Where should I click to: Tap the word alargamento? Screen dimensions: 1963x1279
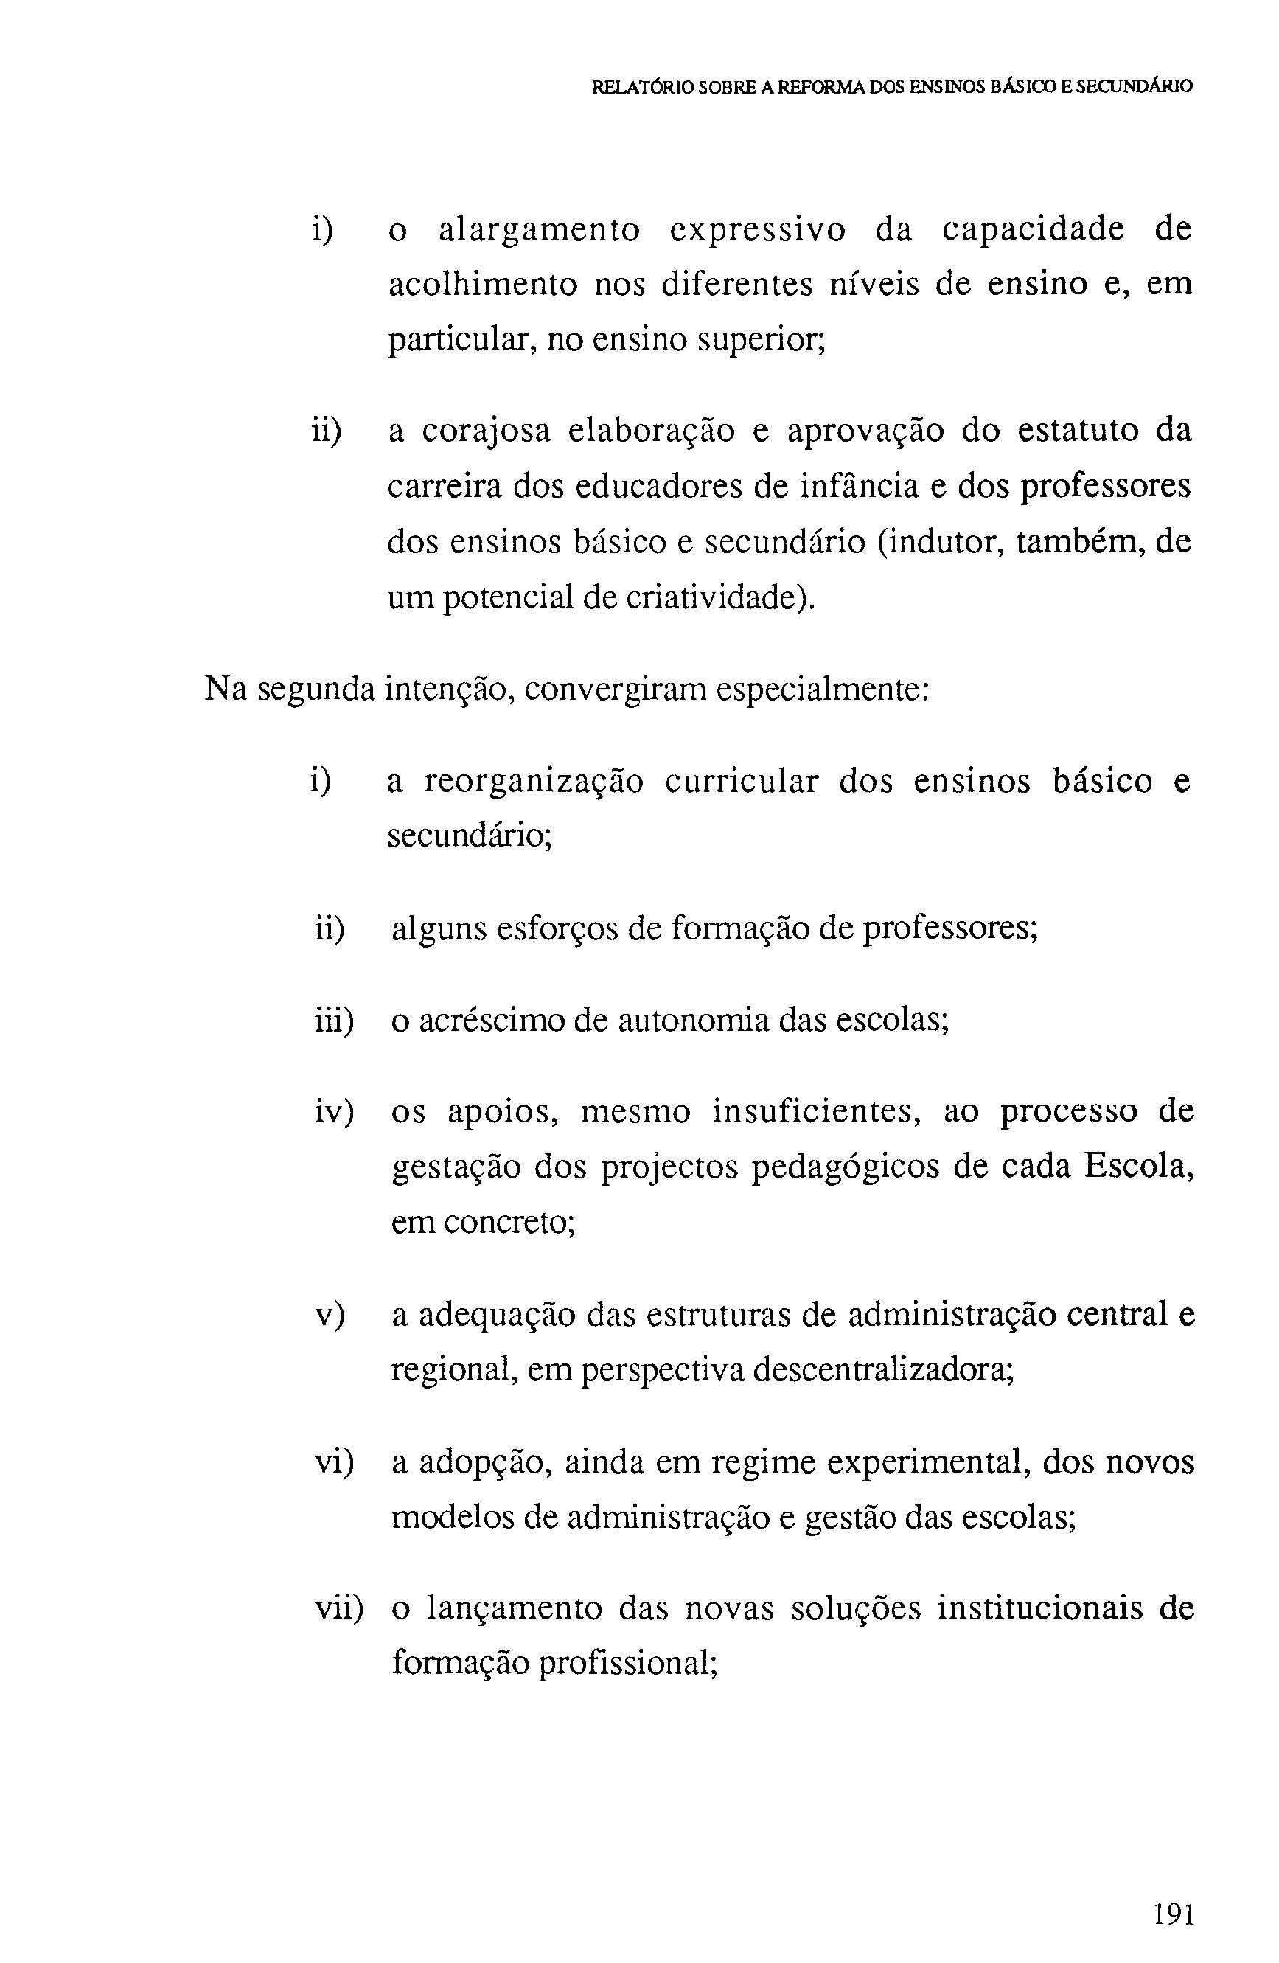point(540,231)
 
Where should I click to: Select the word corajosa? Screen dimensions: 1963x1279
point(486,431)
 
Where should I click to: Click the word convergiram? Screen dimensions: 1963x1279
point(616,689)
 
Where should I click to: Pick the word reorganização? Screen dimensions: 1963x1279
point(533,781)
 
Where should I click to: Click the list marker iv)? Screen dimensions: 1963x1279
point(334,1112)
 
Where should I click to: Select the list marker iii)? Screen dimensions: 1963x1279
point(334,1021)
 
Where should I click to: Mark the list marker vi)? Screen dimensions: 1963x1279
point(334,1462)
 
